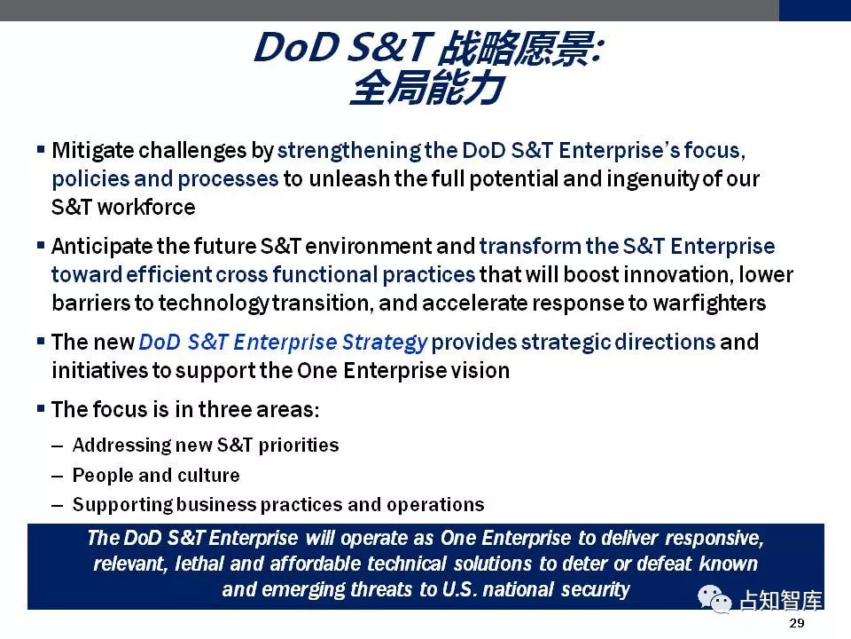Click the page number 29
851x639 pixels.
(797, 623)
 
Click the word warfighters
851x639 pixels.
(709, 303)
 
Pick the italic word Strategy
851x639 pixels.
(385, 343)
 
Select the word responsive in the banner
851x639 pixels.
(714, 539)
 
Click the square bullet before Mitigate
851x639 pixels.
(41, 148)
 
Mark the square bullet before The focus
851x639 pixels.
(41, 407)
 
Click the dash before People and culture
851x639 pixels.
(58, 476)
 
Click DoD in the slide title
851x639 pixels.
(296, 48)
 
